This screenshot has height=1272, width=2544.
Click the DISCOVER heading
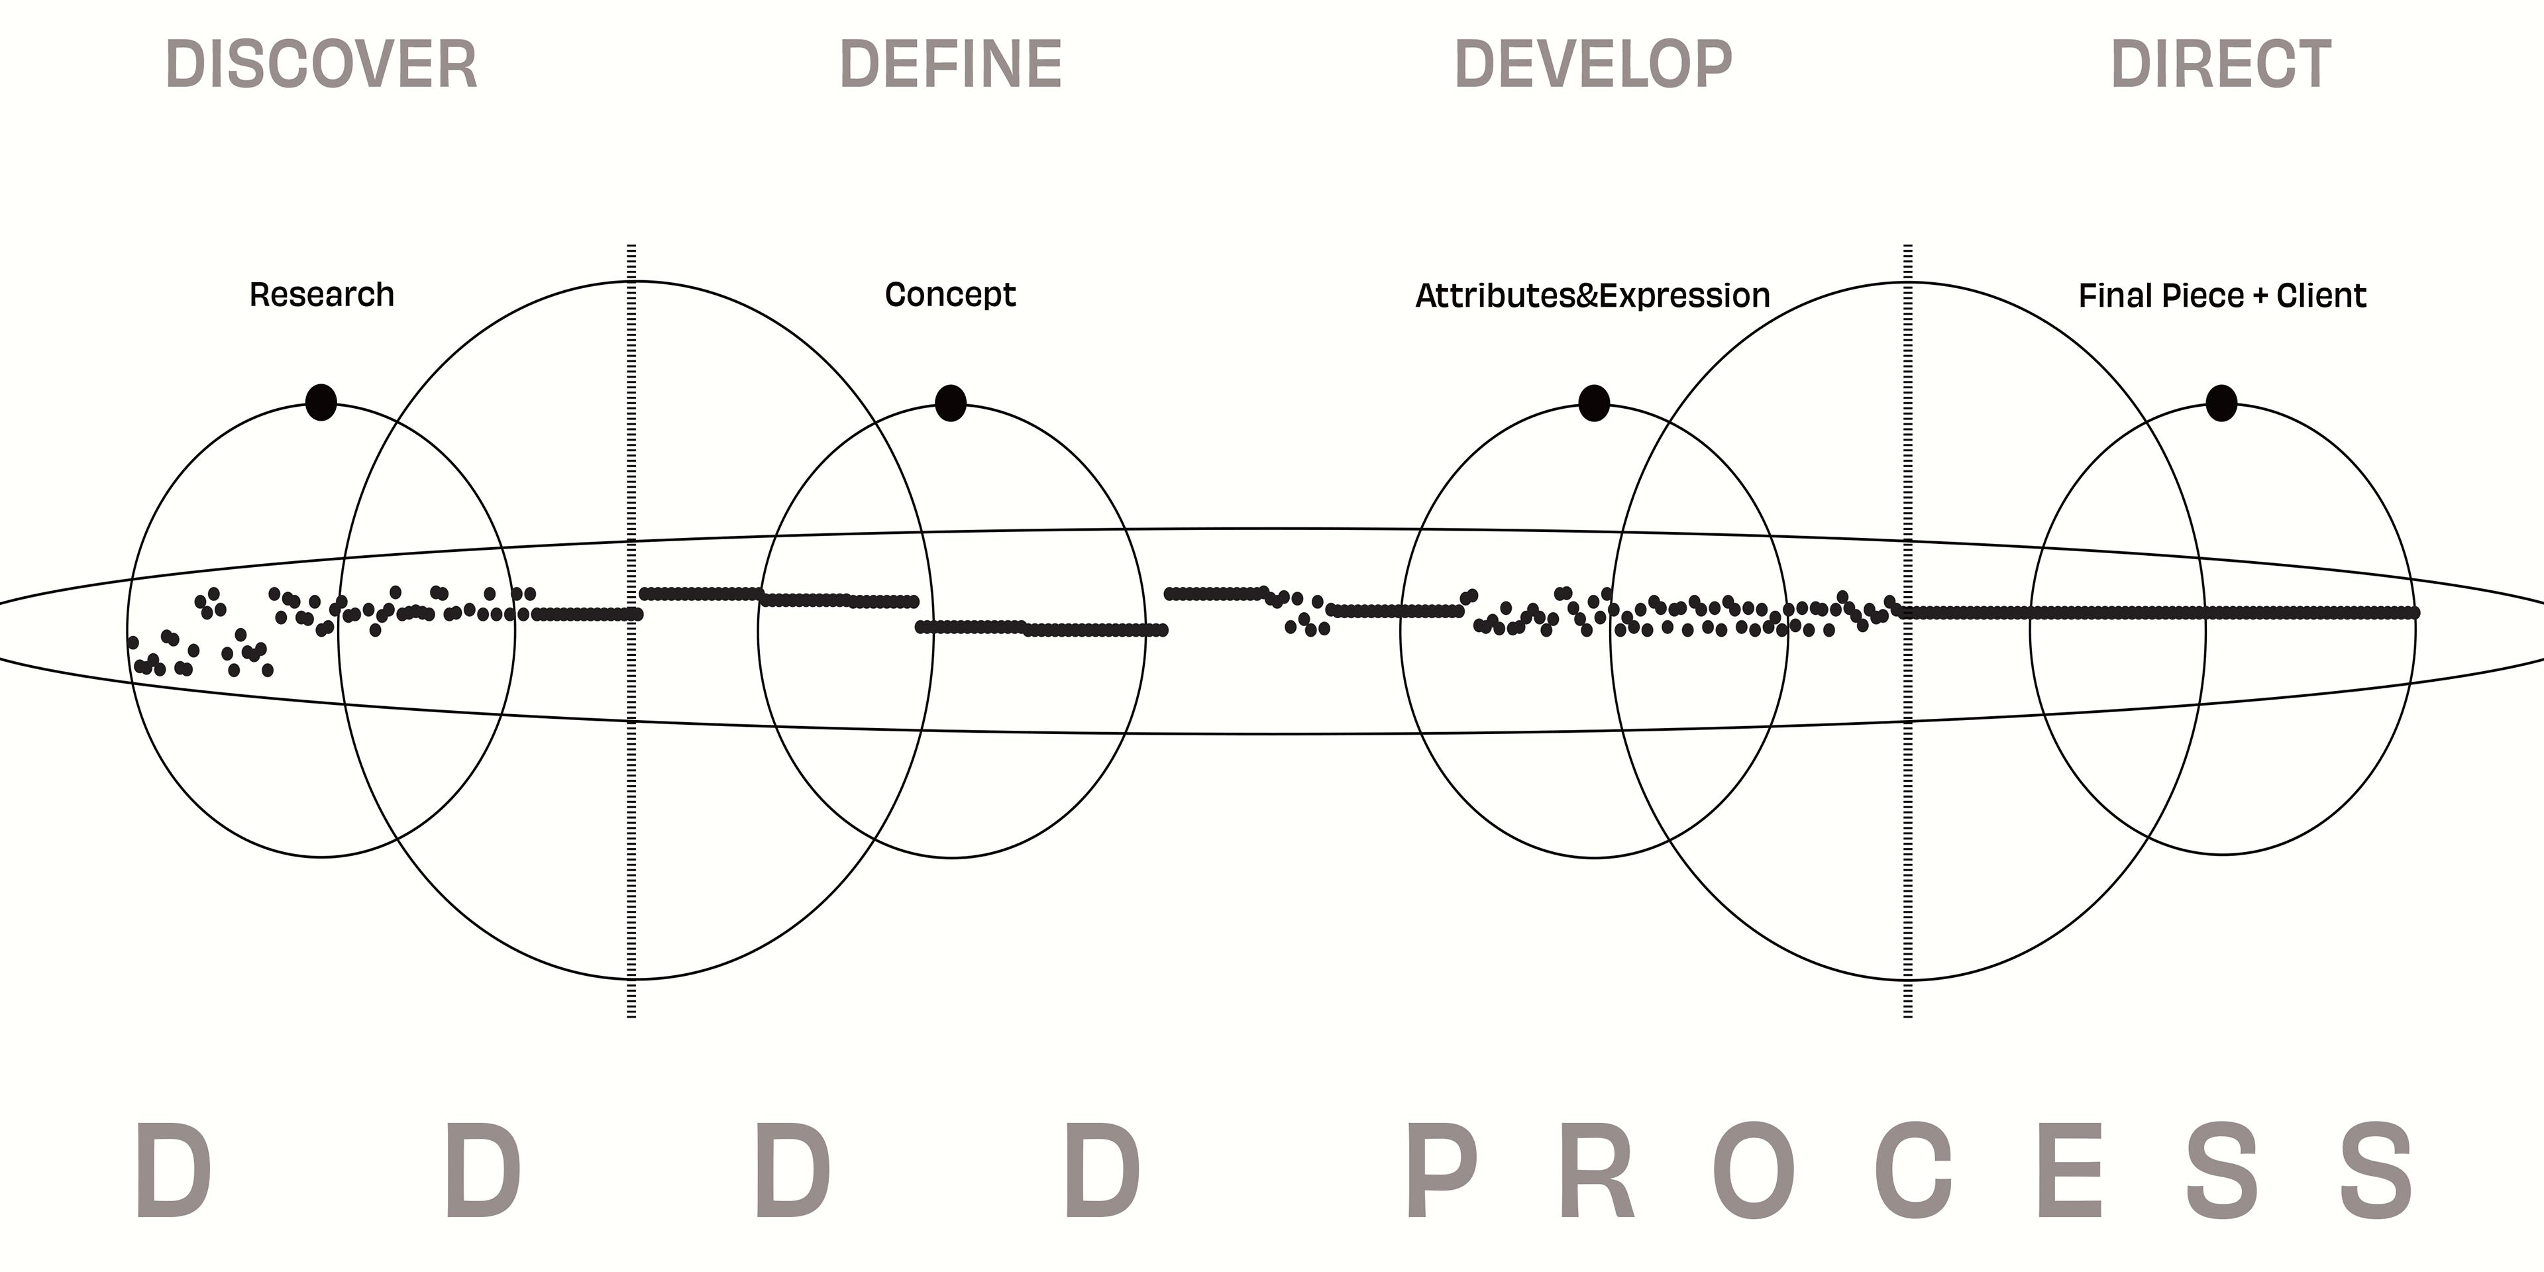(x=321, y=64)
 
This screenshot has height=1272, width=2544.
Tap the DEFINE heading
(x=950, y=64)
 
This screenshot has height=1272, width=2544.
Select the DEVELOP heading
(x=1593, y=64)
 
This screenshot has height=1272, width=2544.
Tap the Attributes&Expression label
(x=1592, y=295)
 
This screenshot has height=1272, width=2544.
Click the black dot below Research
(x=321, y=402)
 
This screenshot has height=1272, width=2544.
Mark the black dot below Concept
(x=950, y=403)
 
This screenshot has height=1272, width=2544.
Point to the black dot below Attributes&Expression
(x=1594, y=403)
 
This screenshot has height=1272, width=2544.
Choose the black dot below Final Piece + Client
(x=2221, y=403)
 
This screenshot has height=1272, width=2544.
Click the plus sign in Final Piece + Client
(x=2260, y=296)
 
